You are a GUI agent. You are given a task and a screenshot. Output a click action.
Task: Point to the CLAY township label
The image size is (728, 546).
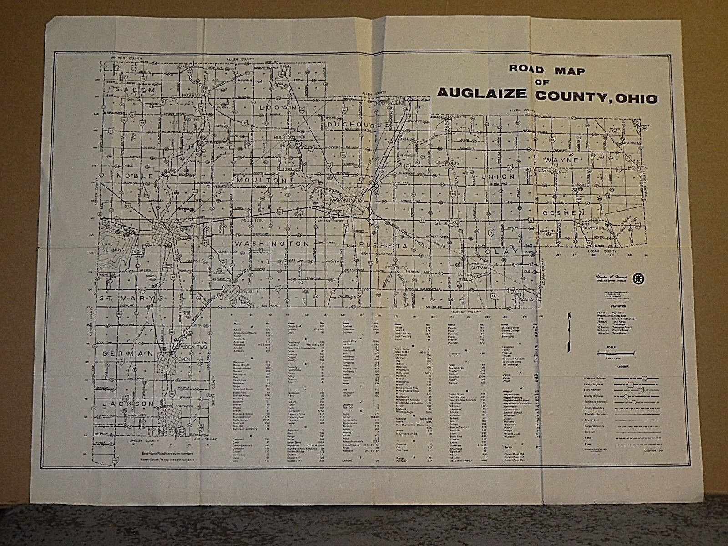coord(501,251)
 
